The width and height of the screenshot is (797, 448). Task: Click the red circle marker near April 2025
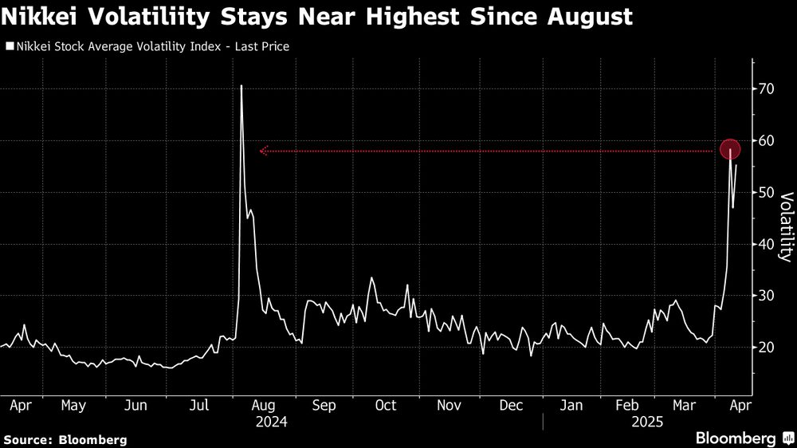[731, 149]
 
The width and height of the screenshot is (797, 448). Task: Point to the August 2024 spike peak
[241, 85]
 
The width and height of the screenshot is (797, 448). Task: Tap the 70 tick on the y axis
[766, 89]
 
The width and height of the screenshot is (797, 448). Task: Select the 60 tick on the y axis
[766, 141]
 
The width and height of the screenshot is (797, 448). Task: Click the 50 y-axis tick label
[766, 193]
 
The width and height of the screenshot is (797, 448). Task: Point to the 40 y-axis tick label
[766, 244]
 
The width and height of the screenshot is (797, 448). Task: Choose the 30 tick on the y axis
[766, 296]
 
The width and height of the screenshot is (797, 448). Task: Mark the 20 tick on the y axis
[766, 348]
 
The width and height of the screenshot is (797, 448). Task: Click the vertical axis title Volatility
[785, 227]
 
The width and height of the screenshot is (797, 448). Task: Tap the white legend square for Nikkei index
[9, 47]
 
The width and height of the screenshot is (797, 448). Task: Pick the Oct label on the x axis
[386, 406]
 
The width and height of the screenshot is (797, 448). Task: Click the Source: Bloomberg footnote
[65, 439]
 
